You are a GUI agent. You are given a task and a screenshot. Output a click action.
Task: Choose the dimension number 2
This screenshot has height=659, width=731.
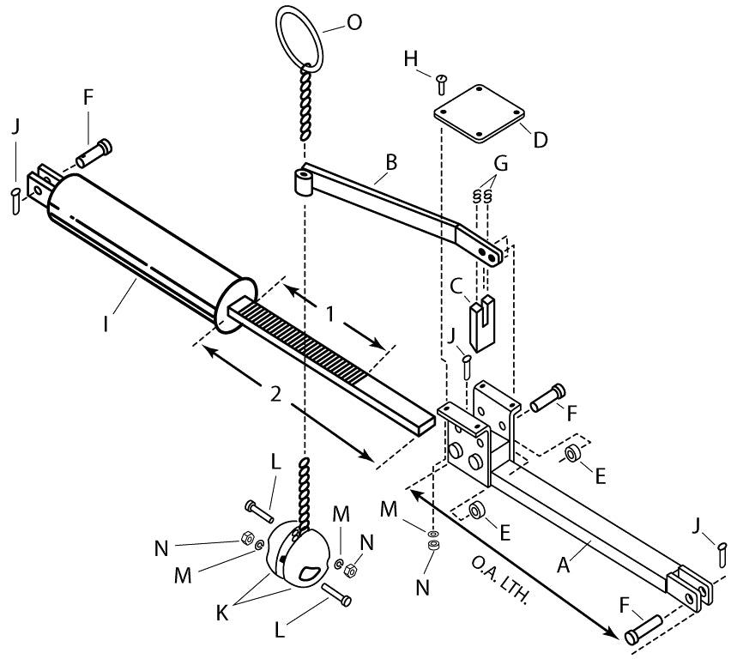[275, 395]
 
